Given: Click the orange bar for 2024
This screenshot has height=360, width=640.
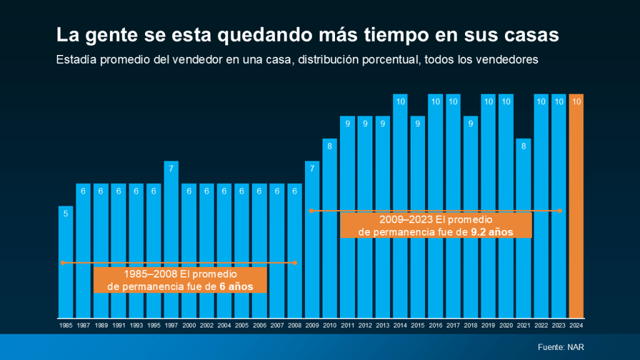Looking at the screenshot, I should pos(576,206).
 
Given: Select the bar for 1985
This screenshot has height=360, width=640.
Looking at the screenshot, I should pos(66,262).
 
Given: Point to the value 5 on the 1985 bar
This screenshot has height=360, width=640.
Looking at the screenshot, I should pos(66,213).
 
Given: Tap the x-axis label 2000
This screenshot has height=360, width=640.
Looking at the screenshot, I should pos(188,326).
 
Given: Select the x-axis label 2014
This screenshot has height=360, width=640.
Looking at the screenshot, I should pos(400,326).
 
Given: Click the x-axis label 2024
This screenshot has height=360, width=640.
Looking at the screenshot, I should pos(576,326).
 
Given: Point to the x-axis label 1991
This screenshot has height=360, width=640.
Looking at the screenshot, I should pos(118,326).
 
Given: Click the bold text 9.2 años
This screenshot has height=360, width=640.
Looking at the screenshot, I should pos(492,231).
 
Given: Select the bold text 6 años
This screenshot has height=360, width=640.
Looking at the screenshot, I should pos(236,286).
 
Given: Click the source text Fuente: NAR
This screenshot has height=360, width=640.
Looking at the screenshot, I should pos(561,347).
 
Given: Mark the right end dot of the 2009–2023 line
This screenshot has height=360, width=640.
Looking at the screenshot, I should pos(560,211).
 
